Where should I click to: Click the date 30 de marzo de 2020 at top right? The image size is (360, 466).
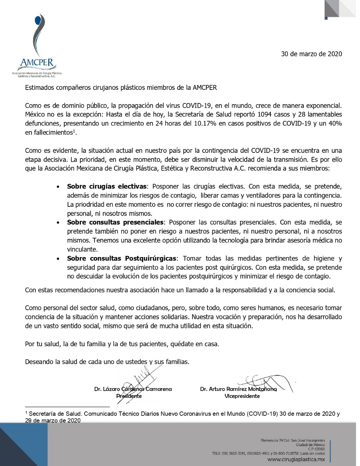311,54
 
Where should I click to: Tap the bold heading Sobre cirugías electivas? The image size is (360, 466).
107,186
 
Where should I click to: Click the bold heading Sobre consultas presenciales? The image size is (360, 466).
116,222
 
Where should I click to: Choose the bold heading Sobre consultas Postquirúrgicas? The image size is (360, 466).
122,258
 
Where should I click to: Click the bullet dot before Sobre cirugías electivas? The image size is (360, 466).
58,187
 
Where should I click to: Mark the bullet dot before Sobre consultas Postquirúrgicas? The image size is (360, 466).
58,259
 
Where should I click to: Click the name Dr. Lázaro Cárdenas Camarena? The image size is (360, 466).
133,389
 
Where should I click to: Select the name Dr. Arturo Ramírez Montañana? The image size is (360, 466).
238,389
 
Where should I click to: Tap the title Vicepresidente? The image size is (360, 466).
242,396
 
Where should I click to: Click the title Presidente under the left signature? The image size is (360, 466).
129,396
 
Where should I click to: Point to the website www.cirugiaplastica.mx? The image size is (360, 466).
296,459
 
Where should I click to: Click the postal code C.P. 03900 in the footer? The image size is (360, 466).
316,449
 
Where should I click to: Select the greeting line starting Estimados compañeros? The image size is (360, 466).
121,88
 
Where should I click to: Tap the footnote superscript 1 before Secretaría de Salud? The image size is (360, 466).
26,413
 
